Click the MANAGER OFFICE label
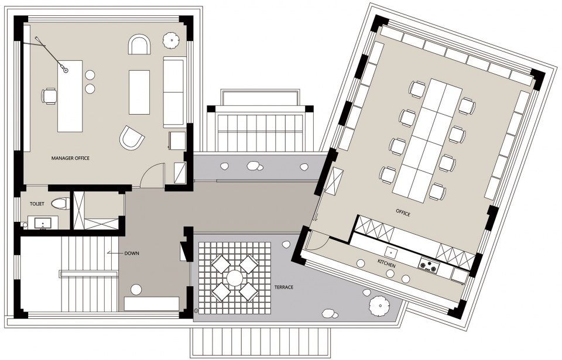coord(70,158)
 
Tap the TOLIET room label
coord(37,204)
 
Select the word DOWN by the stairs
coord(132,253)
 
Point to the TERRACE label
coord(284,287)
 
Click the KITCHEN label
coord(386,263)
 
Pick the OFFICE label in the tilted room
coord(403,212)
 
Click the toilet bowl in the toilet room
coord(60,204)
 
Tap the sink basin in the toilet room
coord(43,224)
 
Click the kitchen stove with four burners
coord(429,266)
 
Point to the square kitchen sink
coord(392,251)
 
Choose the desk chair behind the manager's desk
coord(49,97)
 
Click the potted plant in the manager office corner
coord(171,40)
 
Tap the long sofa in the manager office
coord(174,91)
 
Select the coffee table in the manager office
coord(139,92)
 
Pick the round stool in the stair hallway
coord(136,289)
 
